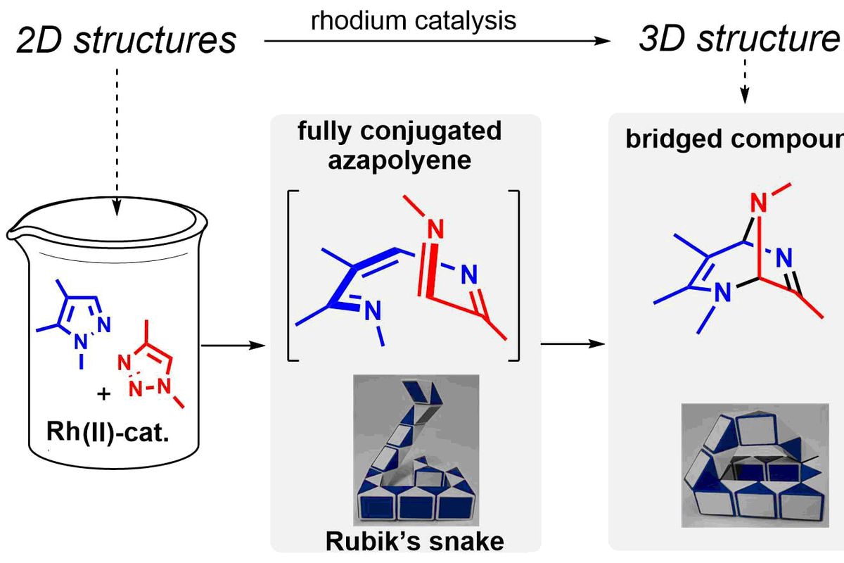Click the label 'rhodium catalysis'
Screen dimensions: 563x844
[x=414, y=20]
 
